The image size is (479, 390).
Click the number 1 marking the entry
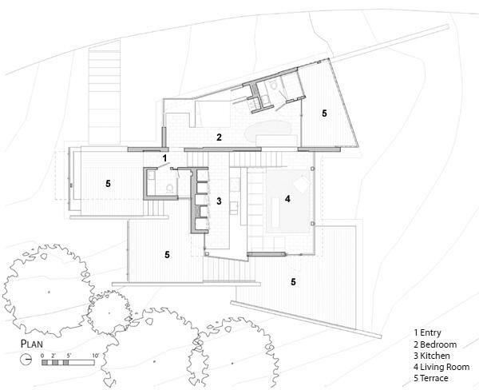(x=164, y=158)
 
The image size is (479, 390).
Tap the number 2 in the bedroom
(x=219, y=137)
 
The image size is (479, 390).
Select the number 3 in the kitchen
(x=219, y=201)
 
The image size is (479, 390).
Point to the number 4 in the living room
(x=287, y=199)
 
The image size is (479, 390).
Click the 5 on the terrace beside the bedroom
(x=324, y=113)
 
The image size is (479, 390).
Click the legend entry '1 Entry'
(x=427, y=332)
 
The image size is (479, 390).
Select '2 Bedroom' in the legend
(x=435, y=344)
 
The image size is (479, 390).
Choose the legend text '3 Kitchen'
(x=432, y=356)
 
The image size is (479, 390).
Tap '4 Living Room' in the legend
(x=441, y=367)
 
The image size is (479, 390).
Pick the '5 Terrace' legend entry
(x=431, y=378)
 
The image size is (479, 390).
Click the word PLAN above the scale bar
(x=32, y=344)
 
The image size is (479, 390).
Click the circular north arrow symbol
(x=26, y=359)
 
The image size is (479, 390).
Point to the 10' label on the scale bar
(x=95, y=356)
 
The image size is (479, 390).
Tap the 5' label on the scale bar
(x=69, y=356)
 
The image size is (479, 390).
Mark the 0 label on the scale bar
(x=42, y=356)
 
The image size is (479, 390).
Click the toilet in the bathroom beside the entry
(x=169, y=189)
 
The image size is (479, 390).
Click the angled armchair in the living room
(x=302, y=185)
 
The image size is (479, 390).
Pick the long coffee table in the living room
(x=275, y=213)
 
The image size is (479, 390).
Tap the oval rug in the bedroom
(x=267, y=131)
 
